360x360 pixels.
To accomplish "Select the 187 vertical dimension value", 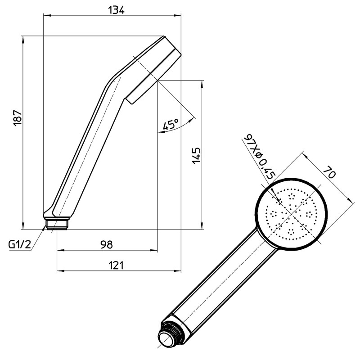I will (x=17, y=118).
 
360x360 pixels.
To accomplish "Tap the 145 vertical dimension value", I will (x=196, y=155).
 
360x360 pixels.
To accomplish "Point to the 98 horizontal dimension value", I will (x=106, y=244).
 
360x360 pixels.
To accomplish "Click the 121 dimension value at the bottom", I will (x=116, y=265).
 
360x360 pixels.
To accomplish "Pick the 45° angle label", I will (x=171, y=125).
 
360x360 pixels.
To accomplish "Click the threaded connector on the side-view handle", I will (x=57, y=223).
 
